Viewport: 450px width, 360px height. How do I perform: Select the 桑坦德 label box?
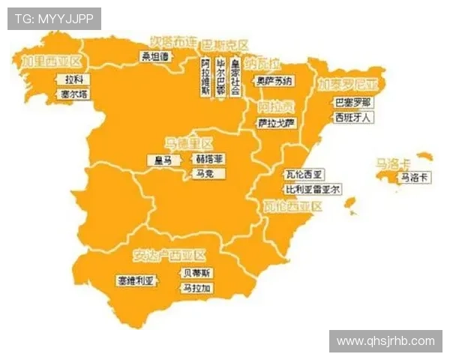pyautogui.click(x=156, y=55)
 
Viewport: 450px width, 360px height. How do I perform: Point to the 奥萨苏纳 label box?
pyautogui.click(x=275, y=79)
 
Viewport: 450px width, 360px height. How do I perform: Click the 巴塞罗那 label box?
pyautogui.click(x=352, y=103)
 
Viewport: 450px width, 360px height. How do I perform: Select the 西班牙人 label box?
pyautogui.click(x=352, y=118)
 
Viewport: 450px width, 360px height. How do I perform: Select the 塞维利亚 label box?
pyautogui.click(x=136, y=280)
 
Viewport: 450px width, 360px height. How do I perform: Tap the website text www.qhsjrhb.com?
pyautogui.click(x=385, y=341)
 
